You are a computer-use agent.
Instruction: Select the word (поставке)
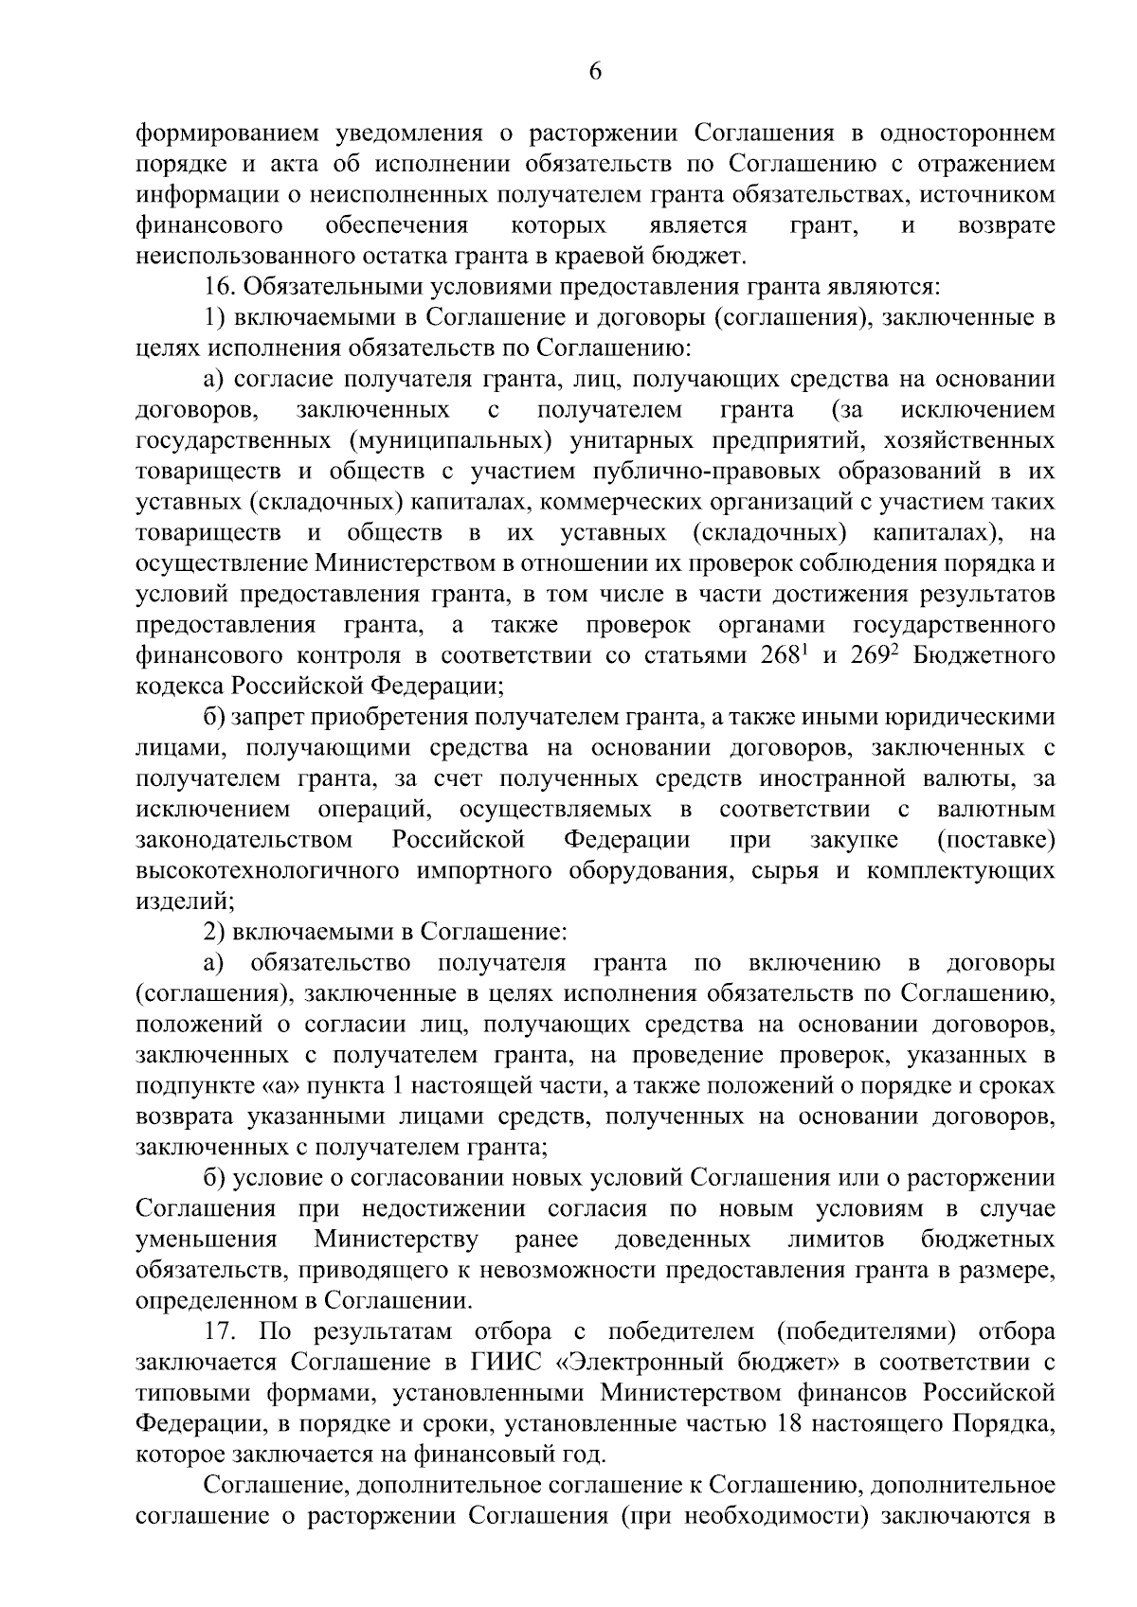[x=995, y=839]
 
